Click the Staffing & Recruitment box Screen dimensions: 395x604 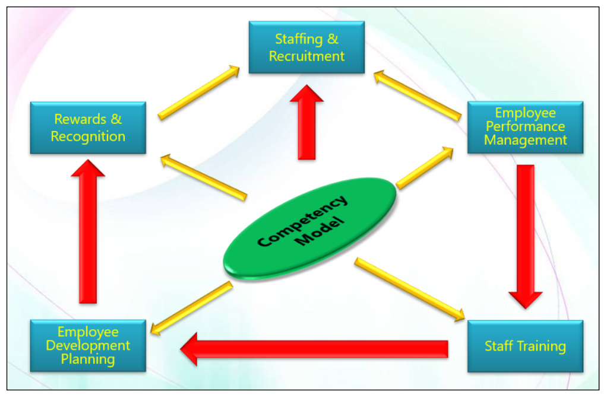click(306, 47)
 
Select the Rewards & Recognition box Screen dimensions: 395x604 click(88, 128)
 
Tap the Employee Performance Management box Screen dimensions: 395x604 click(525, 127)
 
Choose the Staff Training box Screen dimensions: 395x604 click(525, 346)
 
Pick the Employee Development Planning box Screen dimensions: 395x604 click(88, 346)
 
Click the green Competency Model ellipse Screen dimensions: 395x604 click(311, 228)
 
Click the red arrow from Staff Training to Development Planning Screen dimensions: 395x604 click(314, 349)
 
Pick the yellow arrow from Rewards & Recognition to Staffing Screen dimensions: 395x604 click(198, 93)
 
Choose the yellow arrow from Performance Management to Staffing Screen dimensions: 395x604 click(418, 95)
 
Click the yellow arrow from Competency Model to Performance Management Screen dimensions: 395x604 click(425, 168)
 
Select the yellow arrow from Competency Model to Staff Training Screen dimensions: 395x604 click(410, 289)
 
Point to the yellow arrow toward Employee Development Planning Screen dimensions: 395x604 click(191, 308)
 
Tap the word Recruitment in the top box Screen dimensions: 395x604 click(306, 56)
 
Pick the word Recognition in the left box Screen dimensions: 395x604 click(88, 136)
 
